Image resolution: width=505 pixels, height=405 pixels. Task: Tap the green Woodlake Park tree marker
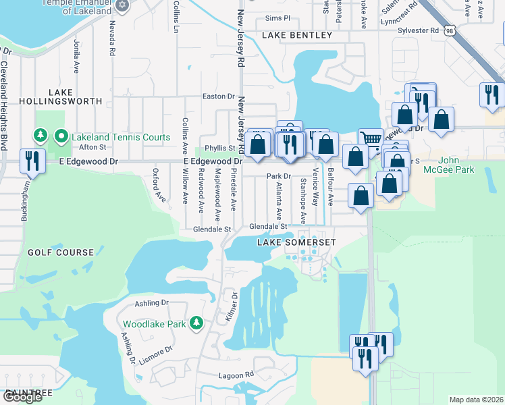pyautogui.click(x=196, y=324)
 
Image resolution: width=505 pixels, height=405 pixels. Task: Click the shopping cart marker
pyautogui.click(x=370, y=140)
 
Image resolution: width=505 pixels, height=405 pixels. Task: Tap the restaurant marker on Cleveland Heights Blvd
pyautogui.click(x=32, y=161)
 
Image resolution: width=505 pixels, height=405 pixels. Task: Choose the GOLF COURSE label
pyautogui.click(x=61, y=252)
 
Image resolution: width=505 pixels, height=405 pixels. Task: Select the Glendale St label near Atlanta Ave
pyautogui.click(x=269, y=227)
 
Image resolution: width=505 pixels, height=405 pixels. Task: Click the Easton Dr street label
pyautogui.click(x=218, y=97)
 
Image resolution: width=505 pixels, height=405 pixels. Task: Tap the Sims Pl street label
pyautogui.click(x=277, y=19)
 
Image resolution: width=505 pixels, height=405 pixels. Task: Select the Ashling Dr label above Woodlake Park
pyautogui.click(x=151, y=303)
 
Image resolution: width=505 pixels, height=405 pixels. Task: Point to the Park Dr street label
pyautogui.click(x=277, y=176)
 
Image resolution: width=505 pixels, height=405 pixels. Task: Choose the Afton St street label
pyautogui.click(x=92, y=146)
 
